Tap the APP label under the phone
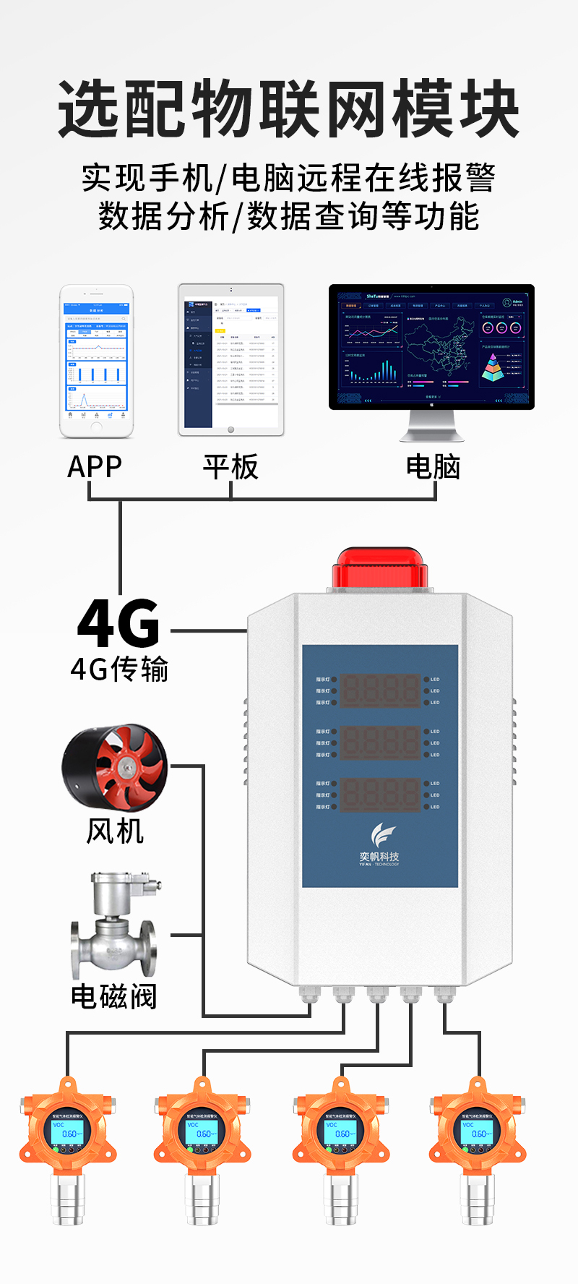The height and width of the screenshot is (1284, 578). click(x=95, y=467)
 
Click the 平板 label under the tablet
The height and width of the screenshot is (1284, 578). click(x=230, y=467)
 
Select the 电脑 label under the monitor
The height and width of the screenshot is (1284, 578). click(x=433, y=467)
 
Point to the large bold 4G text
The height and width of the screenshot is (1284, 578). click(x=119, y=623)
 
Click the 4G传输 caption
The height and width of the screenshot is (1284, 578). click(x=119, y=669)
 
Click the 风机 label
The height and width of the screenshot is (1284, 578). click(x=115, y=831)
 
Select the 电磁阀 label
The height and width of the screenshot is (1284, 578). click(x=114, y=997)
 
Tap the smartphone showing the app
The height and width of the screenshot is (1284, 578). click(x=96, y=361)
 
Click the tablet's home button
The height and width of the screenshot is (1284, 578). click(x=231, y=430)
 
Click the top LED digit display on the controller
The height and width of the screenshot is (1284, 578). click(x=379, y=690)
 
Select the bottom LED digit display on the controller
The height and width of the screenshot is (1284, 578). click(x=379, y=795)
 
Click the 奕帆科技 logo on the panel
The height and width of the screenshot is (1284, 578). click(x=379, y=845)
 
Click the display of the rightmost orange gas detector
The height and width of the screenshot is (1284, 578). click(x=478, y=1133)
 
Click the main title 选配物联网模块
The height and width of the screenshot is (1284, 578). click(x=289, y=110)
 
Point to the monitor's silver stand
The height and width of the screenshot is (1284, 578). click(x=432, y=426)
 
